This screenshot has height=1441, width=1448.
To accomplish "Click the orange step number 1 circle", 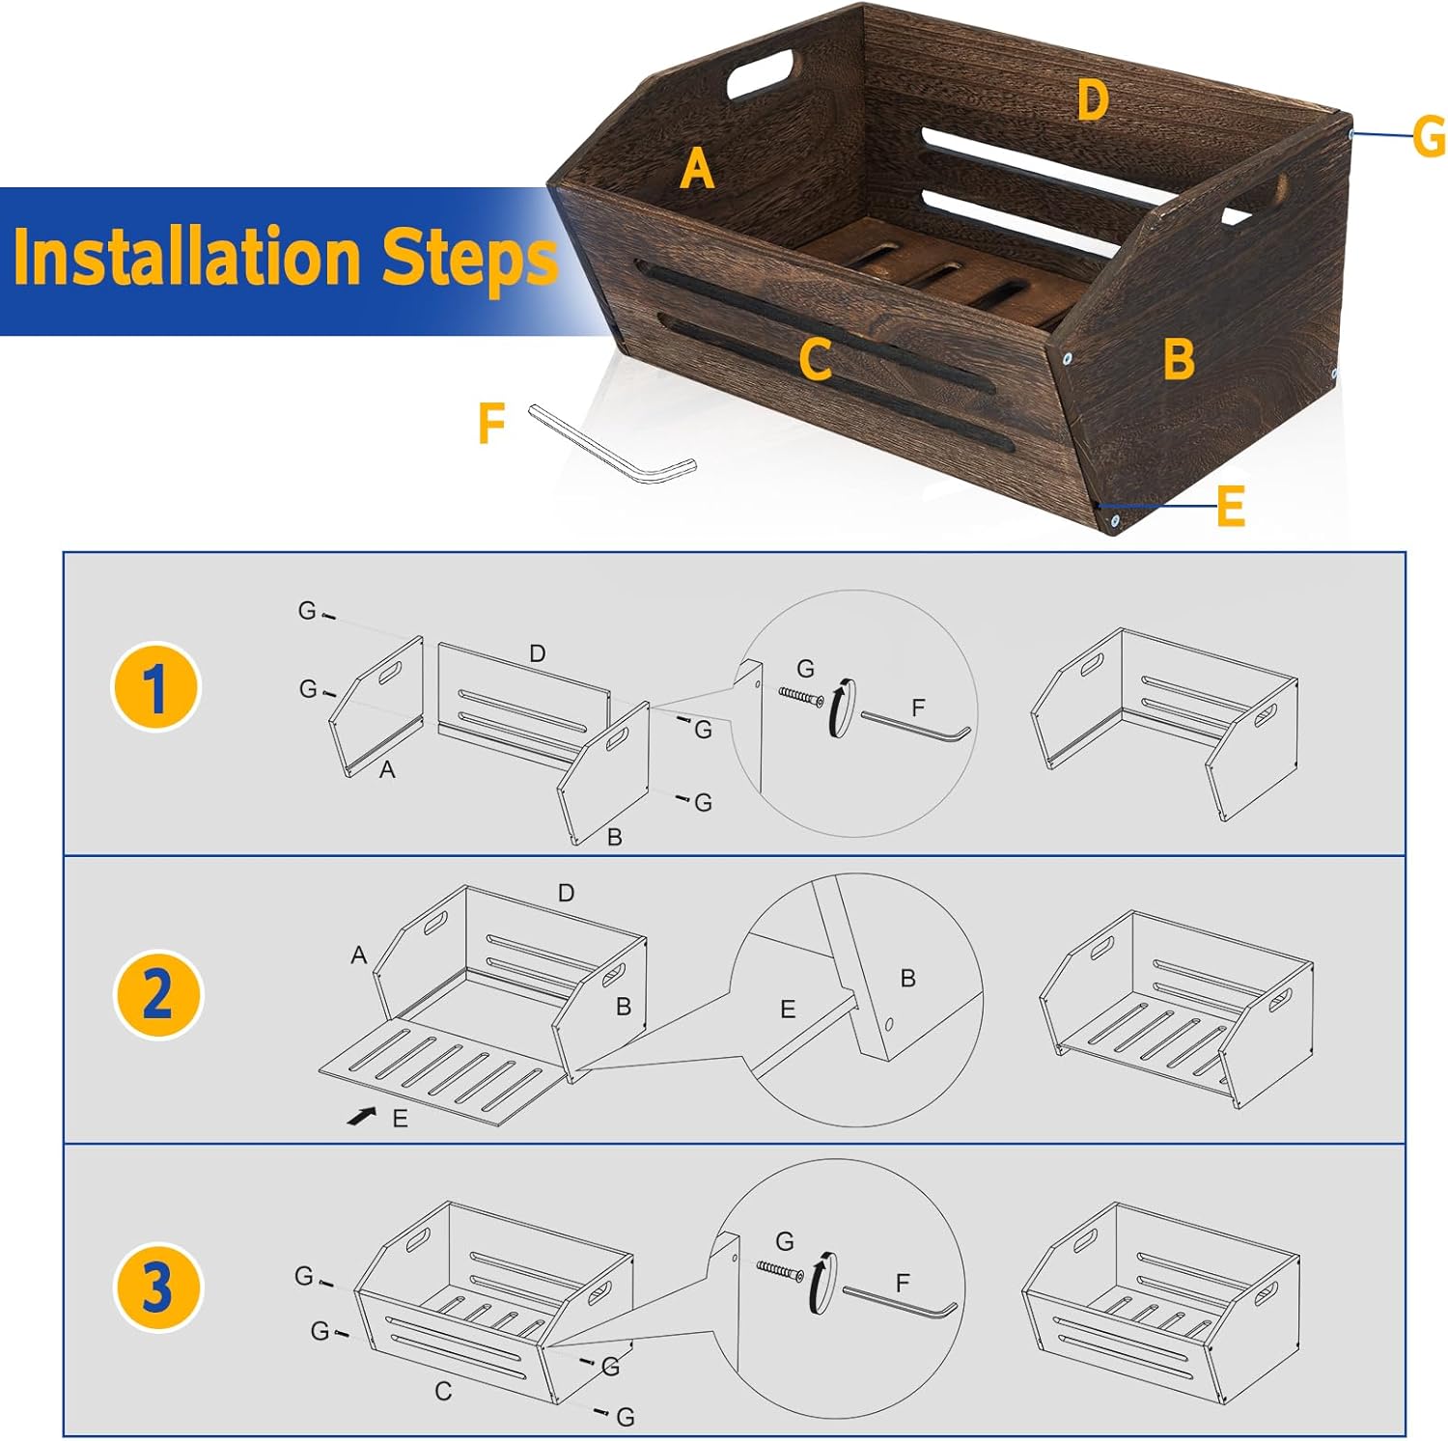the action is [x=154, y=687].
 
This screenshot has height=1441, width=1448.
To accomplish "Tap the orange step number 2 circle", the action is [x=158, y=994].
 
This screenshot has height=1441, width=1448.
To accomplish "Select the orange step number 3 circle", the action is [x=157, y=1288].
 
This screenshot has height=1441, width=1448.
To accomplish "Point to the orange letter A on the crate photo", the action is [x=697, y=169].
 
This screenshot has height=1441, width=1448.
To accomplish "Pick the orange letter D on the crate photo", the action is [x=1092, y=100].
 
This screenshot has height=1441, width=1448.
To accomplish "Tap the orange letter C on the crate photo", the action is [x=816, y=361].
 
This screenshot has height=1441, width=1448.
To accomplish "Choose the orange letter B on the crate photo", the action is [x=1179, y=359].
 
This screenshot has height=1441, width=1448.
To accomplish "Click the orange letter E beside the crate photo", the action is [x=1231, y=506].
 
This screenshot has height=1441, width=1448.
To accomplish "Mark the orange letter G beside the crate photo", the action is [x=1429, y=136].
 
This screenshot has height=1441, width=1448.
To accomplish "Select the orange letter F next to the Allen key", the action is [x=492, y=424].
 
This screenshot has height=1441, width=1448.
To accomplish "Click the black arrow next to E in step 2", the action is [x=362, y=1116].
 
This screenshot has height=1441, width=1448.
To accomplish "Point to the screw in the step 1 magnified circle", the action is [x=801, y=696].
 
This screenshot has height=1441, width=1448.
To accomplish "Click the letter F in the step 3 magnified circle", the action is [x=903, y=1283].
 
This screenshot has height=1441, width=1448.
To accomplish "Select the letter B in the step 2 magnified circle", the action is [x=907, y=979].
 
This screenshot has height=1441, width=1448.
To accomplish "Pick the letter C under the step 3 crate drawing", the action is [x=443, y=1392].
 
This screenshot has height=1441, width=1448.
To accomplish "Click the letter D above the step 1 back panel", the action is [x=538, y=653].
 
